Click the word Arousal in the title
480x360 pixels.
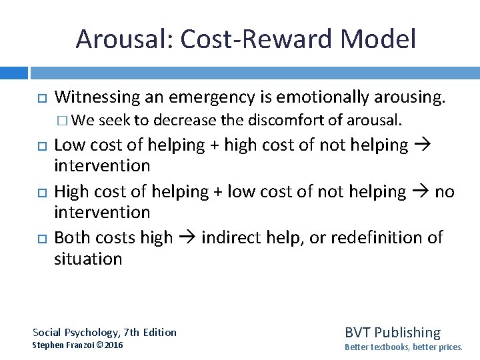tap(122, 39)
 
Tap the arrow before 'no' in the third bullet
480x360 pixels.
tap(419, 192)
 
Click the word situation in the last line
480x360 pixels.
tap(88, 259)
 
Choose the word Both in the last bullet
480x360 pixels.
tap(71, 238)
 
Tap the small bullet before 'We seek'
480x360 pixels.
tap(62, 121)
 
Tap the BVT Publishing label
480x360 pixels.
tap(392, 332)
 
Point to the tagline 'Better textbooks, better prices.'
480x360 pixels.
tap(403, 347)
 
